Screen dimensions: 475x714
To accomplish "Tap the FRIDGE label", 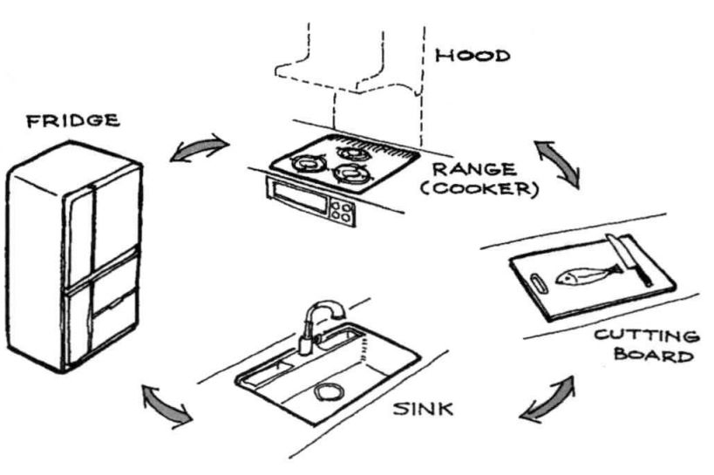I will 72,121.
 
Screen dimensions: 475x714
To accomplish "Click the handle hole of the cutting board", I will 537,281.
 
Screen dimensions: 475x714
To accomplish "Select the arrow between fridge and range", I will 200,150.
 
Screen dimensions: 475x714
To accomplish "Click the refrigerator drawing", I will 74,261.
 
